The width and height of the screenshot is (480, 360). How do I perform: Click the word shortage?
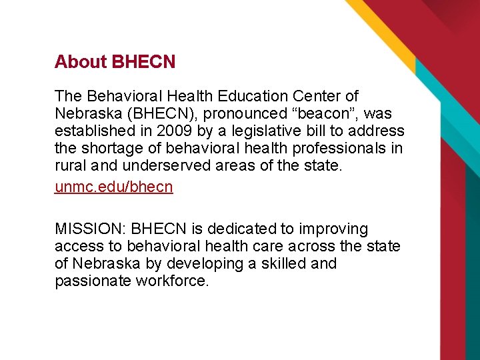click(109, 149)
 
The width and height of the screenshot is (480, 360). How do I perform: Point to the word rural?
click(70, 166)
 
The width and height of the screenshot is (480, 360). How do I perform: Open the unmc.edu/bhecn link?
click(113, 187)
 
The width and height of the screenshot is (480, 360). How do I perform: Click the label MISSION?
click(91, 229)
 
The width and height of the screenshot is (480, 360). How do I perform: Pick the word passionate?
click(93, 281)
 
